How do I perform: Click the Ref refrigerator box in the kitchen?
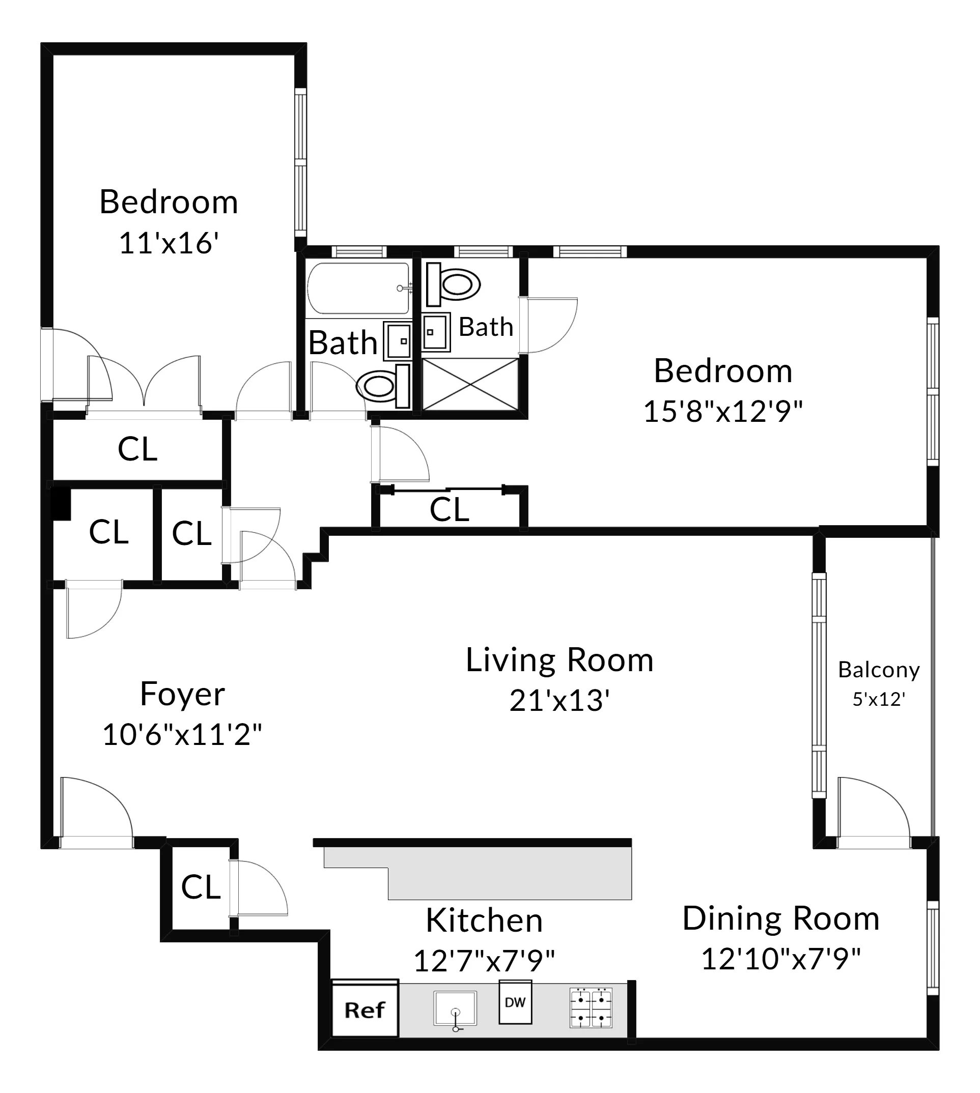click(x=365, y=1010)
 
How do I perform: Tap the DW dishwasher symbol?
click(x=515, y=1002)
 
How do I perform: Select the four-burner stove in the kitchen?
click(x=591, y=1008)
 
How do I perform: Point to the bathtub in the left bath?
click(x=358, y=288)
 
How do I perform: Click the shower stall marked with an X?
click(x=470, y=384)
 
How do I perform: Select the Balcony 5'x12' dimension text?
click(x=879, y=699)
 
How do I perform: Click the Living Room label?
click(x=559, y=660)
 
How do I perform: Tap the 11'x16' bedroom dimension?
click(x=168, y=243)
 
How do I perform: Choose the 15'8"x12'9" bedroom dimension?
click(x=722, y=412)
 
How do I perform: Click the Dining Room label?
click(x=781, y=918)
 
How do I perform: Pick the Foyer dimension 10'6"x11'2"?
click(x=182, y=735)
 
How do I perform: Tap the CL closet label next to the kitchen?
click(x=200, y=887)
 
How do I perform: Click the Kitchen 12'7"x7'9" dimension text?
click(x=484, y=961)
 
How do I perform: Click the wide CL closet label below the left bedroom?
click(x=137, y=449)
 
